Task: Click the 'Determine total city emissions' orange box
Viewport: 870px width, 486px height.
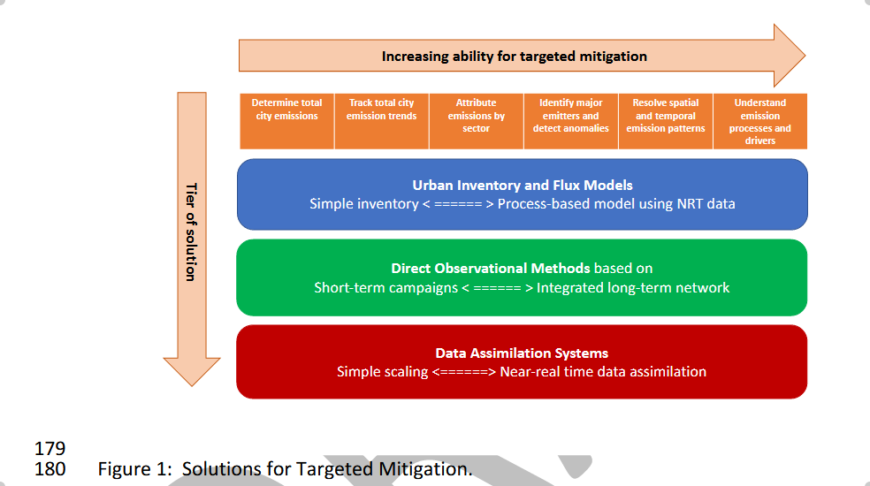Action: point(286,121)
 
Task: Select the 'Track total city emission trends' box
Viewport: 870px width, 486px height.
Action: point(381,121)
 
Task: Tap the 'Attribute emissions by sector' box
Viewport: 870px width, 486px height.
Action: point(476,121)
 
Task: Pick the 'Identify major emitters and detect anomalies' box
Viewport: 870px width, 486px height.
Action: point(570,121)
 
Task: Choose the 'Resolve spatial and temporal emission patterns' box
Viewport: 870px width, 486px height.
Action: point(666,121)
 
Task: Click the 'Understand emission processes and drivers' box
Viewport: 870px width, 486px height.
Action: point(760,121)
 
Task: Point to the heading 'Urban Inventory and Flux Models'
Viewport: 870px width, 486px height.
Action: point(522,186)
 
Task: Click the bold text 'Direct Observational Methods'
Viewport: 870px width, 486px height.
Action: point(491,268)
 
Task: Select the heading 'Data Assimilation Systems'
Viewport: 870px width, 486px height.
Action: point(522,353)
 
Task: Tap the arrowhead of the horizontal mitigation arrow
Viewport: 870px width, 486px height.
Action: point(789,56)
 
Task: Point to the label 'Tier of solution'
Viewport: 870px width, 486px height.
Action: point(189,232)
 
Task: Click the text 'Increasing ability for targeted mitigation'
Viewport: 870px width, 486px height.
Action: point(514,57)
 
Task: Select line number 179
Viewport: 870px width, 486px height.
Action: point(50,449)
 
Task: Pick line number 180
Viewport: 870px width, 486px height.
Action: point(50,468)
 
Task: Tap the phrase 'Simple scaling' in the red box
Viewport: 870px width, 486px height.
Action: point(382,372)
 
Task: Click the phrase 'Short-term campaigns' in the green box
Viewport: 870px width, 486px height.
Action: point(385,287)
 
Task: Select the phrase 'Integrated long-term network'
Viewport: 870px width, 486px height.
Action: point(633,287)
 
